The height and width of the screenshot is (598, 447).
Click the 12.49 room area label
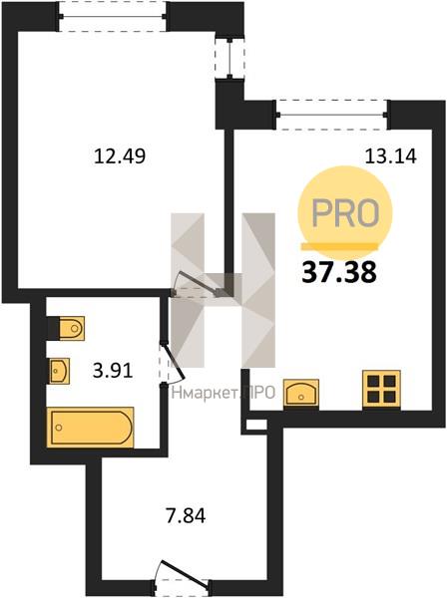tap(120, 155)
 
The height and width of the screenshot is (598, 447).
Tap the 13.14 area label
tap(390, 155)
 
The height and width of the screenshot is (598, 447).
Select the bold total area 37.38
tap(339, 273)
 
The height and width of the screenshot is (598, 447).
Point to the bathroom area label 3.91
tap(113, 370)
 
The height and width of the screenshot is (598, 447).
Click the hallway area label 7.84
tap(186, 515)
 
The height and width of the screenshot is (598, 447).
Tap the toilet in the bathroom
tap(72, 328)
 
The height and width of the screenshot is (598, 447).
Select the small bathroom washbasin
tap(60, 371)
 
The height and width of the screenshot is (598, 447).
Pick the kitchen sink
tap(301, 393)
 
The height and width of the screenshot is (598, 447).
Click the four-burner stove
tap(381, 389)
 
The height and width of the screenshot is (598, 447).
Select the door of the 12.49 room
tap(197, 284)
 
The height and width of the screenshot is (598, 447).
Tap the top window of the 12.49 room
tap(112, 16)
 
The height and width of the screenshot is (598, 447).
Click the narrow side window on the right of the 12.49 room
tap(229, 59)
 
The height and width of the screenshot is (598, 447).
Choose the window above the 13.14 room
tap(332, 115)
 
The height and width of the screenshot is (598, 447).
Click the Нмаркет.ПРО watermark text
tap(223, 393)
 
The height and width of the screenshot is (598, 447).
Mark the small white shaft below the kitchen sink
tap(256, 425)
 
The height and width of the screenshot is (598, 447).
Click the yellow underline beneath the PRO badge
tap(339, 246)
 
